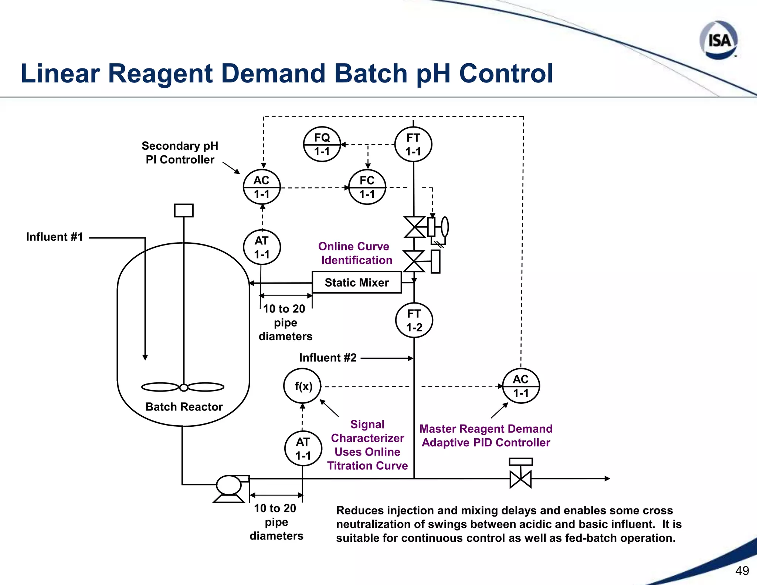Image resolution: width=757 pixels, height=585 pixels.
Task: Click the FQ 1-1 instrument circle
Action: (322, 144)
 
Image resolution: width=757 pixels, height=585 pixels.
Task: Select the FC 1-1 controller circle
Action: (367, 187)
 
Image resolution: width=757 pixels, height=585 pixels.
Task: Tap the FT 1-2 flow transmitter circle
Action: (414, 320)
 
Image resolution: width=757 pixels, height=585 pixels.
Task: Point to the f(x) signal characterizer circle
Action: (303, 386)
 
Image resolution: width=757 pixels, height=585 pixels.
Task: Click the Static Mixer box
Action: (357, 283)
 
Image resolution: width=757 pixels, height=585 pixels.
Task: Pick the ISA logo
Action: (719, 40)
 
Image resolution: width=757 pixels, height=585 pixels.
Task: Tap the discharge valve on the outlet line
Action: (520, 479)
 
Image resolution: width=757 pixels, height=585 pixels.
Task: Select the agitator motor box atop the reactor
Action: (184, 210)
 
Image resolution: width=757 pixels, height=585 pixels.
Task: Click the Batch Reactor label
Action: (184, 407)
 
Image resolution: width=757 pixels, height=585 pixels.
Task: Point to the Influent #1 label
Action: (54, 237)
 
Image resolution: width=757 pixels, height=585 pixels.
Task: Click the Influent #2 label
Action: (328, 358)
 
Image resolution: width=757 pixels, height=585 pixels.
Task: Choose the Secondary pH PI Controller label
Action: (180, 153)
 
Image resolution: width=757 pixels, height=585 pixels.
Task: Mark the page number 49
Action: (742, 571)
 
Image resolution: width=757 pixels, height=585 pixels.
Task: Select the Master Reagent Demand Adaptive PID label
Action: (486, 436)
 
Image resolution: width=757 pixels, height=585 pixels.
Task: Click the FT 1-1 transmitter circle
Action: (413, 144)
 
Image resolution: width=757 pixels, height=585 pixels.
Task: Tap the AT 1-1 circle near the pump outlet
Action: (303, 449)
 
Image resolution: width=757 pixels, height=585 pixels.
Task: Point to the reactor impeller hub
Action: (183, 388)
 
